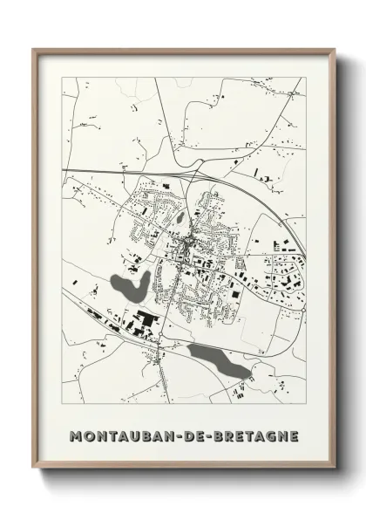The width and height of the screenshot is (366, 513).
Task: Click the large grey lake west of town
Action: point(129,284)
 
